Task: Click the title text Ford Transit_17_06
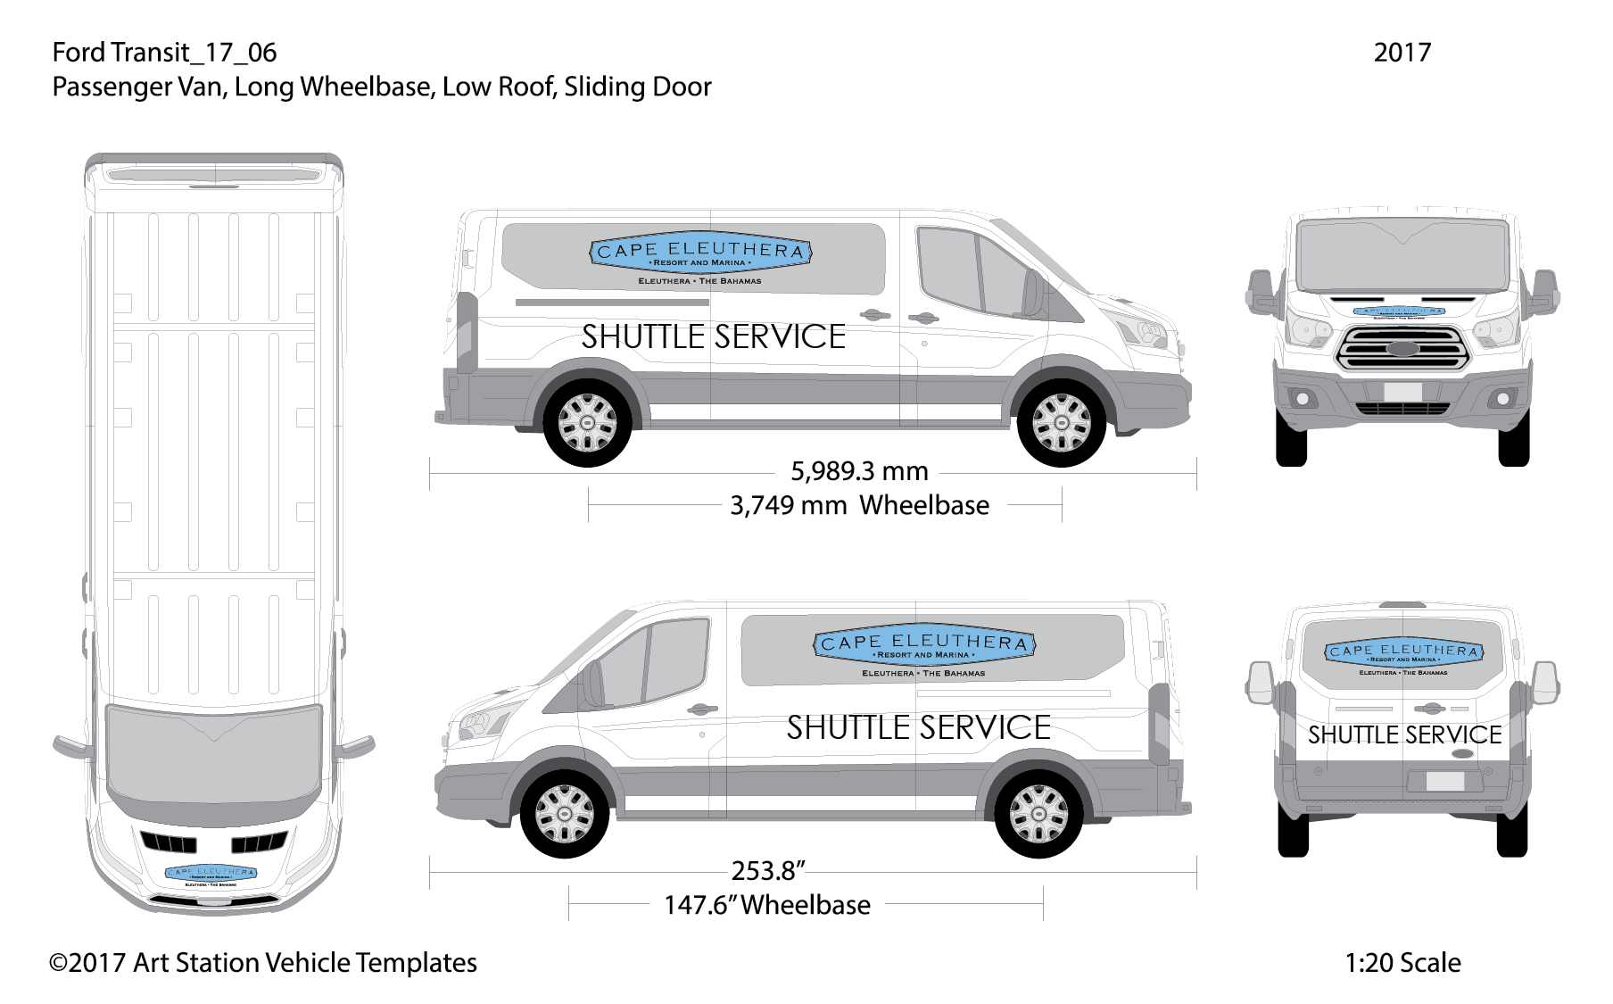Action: coord(164,53)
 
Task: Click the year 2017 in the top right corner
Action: coord(1402,53)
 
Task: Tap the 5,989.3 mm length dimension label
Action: coord(859,470)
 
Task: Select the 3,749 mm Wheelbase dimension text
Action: coord(859,505)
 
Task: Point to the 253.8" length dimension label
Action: coord(768,870)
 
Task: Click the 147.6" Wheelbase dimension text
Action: coord(766,905)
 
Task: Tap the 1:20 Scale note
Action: coord(1402,963)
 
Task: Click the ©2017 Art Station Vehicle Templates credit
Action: coord(263,963)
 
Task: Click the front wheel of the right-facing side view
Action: coord(1062,421)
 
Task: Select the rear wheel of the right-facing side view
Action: coord(587,421)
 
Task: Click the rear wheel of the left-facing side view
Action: coord(1038,813)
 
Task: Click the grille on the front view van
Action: coord(1402,348)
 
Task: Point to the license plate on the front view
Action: coord(1402,390)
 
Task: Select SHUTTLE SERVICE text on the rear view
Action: coord(1404,735)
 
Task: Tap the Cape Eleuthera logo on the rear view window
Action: coord(1403,652)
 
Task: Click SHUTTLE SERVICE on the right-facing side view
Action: coord(713,337)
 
